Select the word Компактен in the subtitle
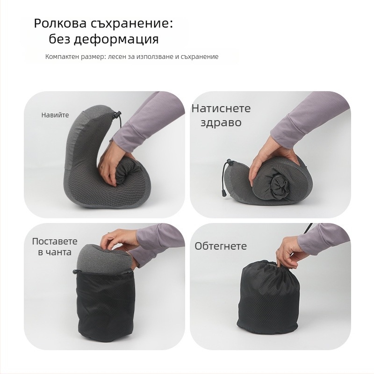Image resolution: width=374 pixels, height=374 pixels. [60, 57]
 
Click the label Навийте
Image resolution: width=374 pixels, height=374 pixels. [55, 115]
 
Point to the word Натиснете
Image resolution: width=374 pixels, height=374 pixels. [221, 108]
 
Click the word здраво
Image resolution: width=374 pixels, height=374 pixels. [221, 122]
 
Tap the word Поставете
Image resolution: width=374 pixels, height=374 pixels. [55, 241]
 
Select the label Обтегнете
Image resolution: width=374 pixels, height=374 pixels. [221, 246]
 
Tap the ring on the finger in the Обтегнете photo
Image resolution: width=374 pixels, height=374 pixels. [279, 249]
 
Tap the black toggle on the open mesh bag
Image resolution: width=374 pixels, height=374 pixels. [76, 271]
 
